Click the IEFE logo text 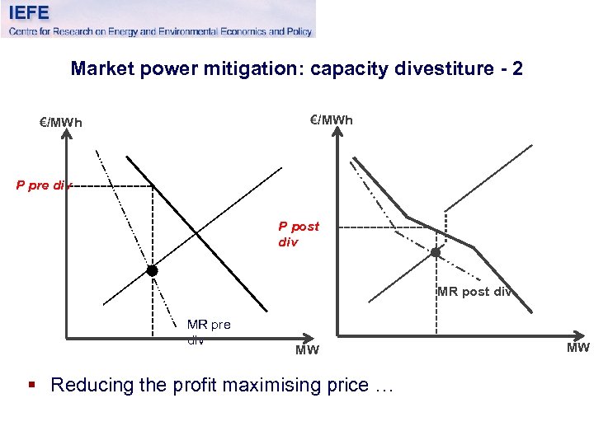(29, 12)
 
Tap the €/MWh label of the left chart (62, 123)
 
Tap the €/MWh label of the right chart (331, 119)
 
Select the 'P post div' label (298, 234)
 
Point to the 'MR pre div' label (209, 331)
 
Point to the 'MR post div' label (474, 291)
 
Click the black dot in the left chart (152, 270)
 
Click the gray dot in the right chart (436, 252)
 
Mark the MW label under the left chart (307, 351)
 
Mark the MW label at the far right (577, 347)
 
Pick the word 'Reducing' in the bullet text (92, 385)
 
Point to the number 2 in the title (517, 68)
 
